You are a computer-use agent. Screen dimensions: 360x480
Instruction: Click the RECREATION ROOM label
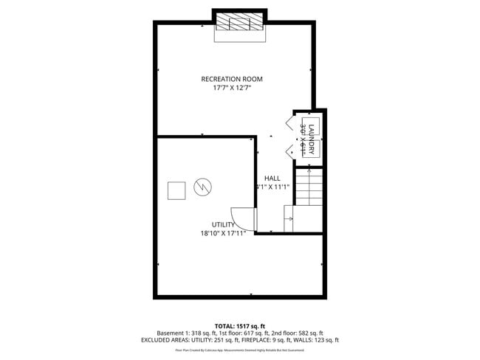[x=232, y=79]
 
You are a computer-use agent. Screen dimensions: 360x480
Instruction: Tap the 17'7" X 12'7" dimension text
[x=232, y=89]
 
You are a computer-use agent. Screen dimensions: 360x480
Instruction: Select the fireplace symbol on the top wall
[x=240, y=24]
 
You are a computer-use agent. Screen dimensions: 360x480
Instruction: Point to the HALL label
[x=272, y=178]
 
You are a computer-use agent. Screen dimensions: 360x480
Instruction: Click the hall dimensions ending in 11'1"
[x=272, y=187]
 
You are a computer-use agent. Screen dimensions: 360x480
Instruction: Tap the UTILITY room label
[x=223, y=225]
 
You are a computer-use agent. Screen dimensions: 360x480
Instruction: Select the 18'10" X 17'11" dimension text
[x=223, y=234]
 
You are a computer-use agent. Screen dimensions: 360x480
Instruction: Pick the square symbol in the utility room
[x=176, y=190]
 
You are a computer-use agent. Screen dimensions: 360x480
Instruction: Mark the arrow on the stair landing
[x=290, y=218]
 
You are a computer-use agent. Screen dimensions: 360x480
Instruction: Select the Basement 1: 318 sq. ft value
[x=184, y=333]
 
